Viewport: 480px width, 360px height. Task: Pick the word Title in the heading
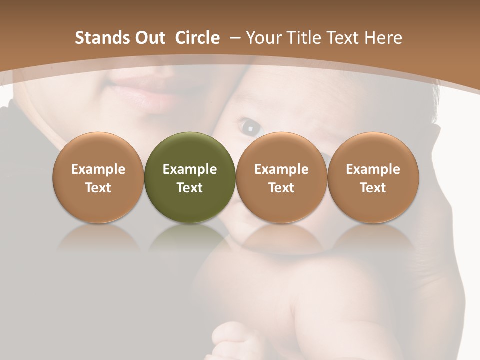point(305,38)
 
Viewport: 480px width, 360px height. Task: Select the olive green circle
point(190,177)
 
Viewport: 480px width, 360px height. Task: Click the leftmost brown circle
point(98,177)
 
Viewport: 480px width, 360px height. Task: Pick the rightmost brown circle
point(373,177)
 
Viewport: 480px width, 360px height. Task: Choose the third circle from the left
point(281,177)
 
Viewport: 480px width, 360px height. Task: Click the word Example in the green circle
point(190,169)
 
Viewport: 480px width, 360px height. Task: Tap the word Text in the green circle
point(190,188)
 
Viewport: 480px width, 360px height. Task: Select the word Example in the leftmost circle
point(98,169)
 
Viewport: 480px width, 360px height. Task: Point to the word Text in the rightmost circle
point(373,188)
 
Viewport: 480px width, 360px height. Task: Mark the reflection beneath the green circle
point(190,237)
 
